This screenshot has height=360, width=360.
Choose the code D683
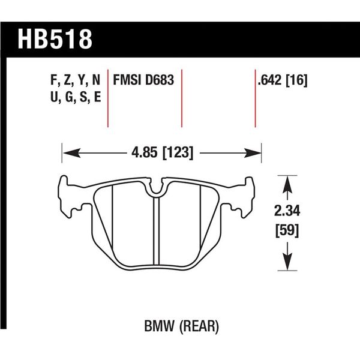point(158,80)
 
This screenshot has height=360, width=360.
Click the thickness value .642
point(268,80)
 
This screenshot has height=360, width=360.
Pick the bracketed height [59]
point(287,230)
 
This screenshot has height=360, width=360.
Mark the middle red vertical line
point(181,98)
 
